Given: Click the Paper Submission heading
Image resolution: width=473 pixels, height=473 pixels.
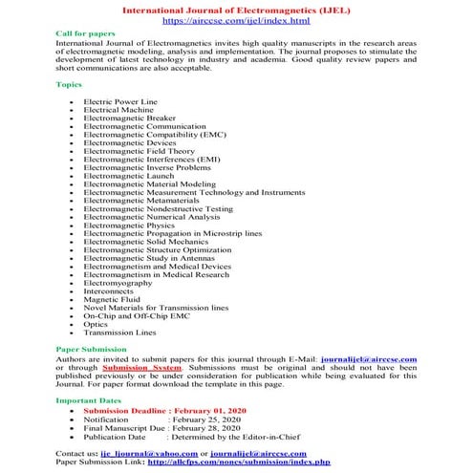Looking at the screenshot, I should coord(94,349).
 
